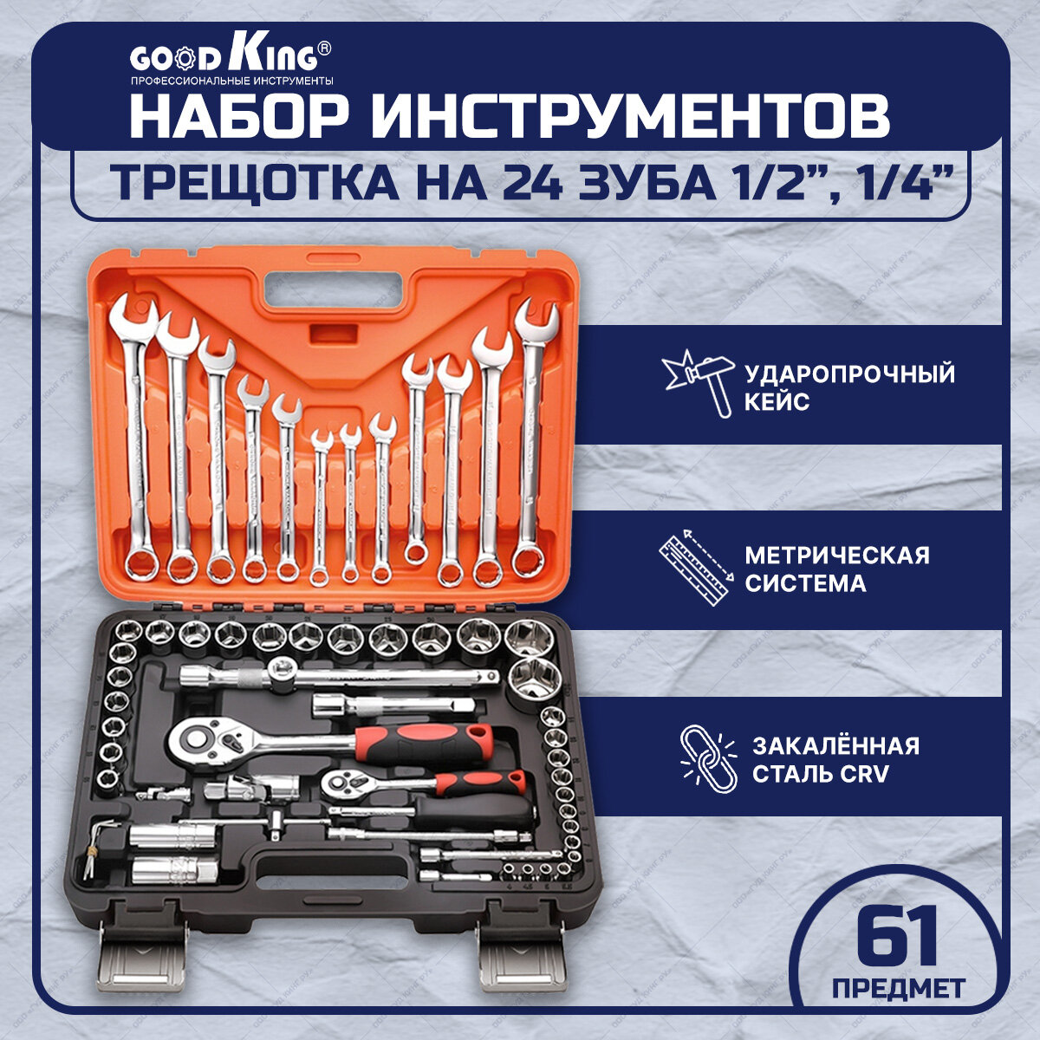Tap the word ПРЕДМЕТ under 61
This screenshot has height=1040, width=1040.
[898, 988]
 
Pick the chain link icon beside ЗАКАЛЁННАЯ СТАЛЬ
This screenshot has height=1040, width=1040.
[706, 757]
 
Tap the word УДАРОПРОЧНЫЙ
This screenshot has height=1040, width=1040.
[849, 374]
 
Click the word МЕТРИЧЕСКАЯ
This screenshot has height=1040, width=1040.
[837, 555]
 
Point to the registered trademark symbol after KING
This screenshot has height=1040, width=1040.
[324, 50]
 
